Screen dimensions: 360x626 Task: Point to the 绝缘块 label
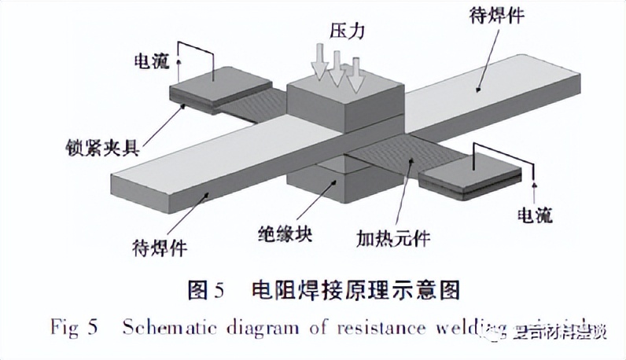click(285, 233)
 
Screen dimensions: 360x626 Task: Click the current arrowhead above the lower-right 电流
click(535, 186)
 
